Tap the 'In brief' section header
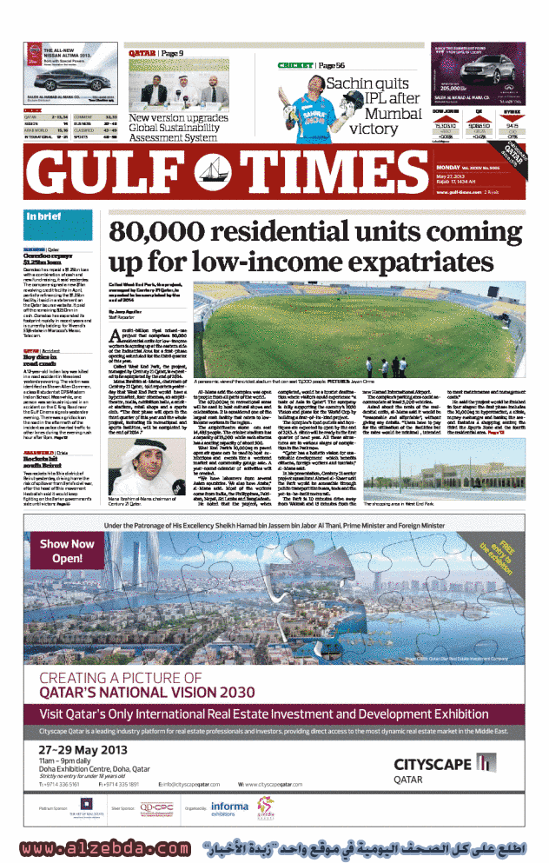click(43, 216)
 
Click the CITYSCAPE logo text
click(433, 764)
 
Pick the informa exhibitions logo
click(228, 807)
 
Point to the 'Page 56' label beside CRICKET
click(331, 66)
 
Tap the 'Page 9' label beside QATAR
click(169, 54)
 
